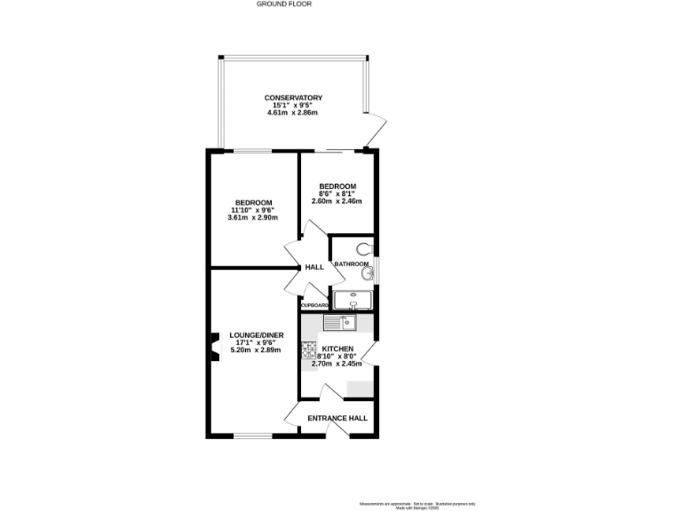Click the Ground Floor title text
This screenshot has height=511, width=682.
pyautogui.click(x=284, y=4)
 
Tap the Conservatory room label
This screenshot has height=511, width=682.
pyautogui.click(x=292, y=98)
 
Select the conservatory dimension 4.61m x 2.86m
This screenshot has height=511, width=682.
pyautogui.click(x=292, y=114)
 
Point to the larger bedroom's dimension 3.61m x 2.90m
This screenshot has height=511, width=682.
pyautogui.click(x=253, y=217)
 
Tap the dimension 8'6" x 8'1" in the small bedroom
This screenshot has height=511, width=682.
pyautogui.click(x=337, y=193)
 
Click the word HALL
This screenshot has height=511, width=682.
pyautogui.click(x=314, y=267)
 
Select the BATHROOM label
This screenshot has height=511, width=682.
pyautogui.click(x=352, y=264)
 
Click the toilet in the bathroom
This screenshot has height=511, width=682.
pyautogui.click(x=365, y=248)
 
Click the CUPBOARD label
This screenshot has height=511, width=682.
pyautogui.click(x=314, y=305)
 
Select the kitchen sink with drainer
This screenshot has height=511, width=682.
pyautogui.click(x=340, y=323)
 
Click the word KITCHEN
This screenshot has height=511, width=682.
pyautogui.click(x=338, y=349)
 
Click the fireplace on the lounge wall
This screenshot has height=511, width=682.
pyautogui.click(x=213, y=346)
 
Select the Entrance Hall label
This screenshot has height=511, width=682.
pyautogui.click(x=337, y=419)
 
